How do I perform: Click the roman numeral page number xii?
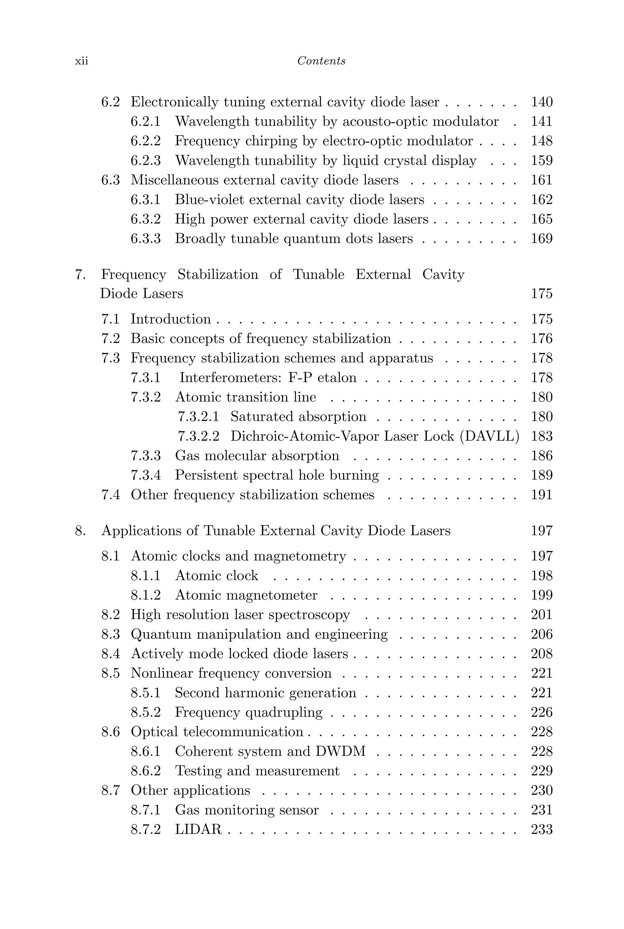tap(82, 61)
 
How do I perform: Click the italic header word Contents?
tap(321, 61)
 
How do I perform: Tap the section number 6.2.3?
tap(146, 161)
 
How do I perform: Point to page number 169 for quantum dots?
tap(542, 239)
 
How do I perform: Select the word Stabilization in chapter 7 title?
tap(218, 274)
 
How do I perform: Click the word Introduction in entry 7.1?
tap(171, 319)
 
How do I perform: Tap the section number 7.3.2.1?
tap(198, 417)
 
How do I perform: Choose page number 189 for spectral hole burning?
tap(542, 475)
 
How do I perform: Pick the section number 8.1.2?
tap(146, 595)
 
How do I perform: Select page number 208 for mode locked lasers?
tap(542, 654)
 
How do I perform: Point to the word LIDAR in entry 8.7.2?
tap(198, 829)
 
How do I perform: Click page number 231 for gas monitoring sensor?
tap(542, 810)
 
